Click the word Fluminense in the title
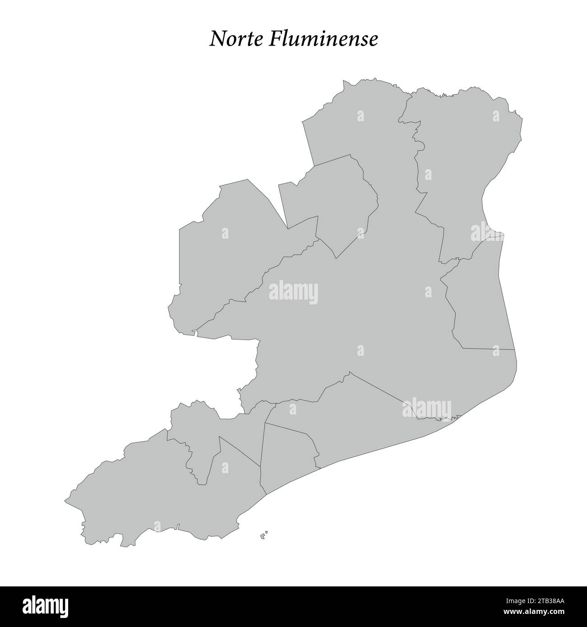pyautogui.click(x=324, y=40)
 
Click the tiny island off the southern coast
pyautogui.click(x=264, y=535)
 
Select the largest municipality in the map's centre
pyautogui.click(x=361, y=316)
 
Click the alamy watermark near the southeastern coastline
pyautogui.click(x=426, y=408)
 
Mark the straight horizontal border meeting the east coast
pyautogui.click(x=488, y=349)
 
